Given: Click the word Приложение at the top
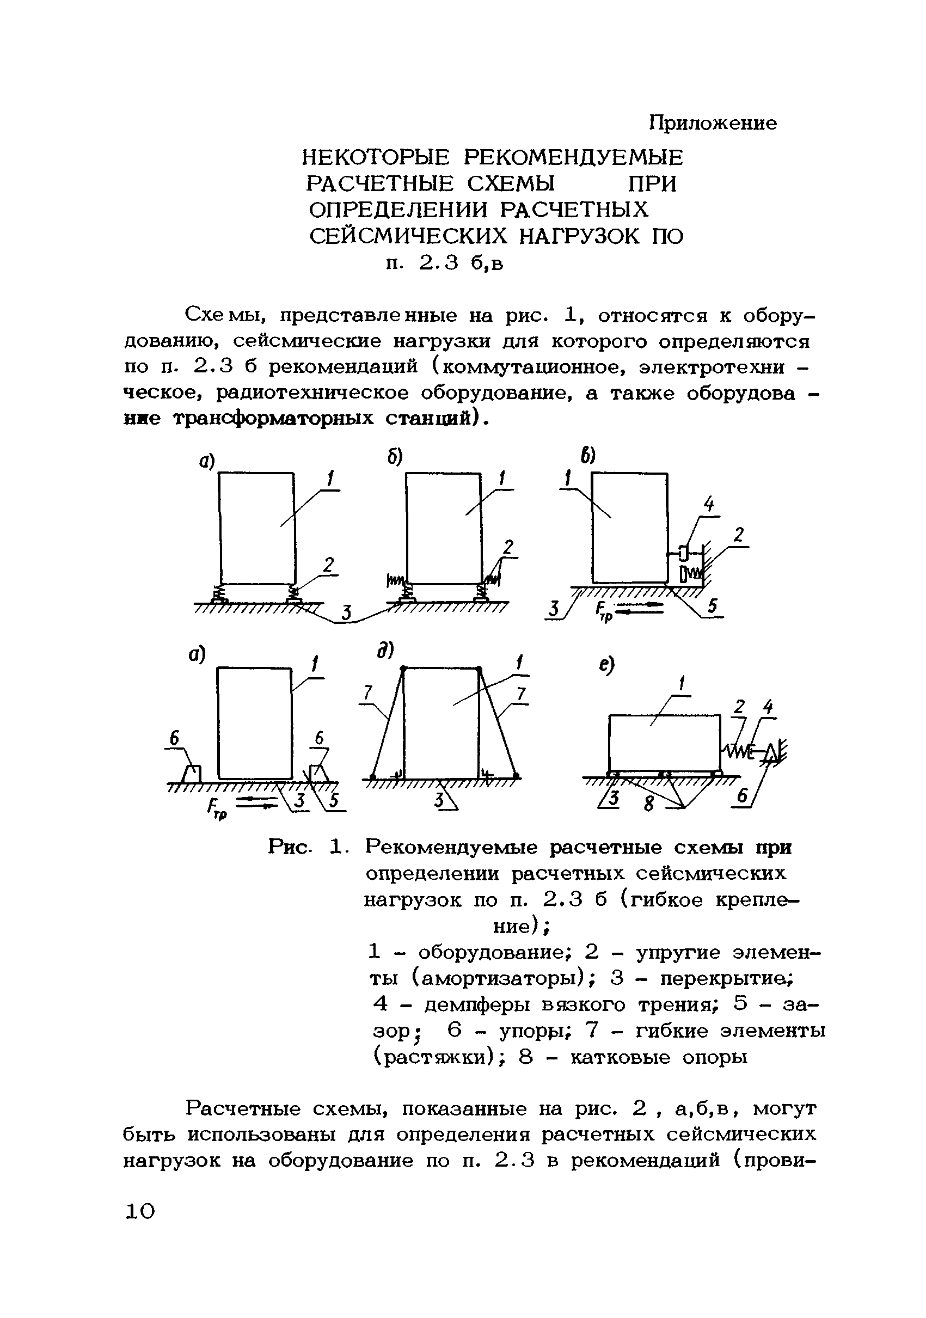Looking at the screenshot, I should (x=713, y=123).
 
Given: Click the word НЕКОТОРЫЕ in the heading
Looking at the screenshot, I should (x=376, y=157).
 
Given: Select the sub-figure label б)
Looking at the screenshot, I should (x=394, y=456).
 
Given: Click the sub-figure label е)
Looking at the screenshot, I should (x=606, y=665).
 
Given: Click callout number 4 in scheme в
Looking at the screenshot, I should (x=709, y=505).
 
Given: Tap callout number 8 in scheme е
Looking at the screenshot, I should (x=649, y=804).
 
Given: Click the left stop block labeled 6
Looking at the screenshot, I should (x=192, y=774).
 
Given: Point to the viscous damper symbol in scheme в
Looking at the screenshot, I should (x=683, y=553).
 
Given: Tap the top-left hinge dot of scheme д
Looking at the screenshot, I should (x=403, y=669).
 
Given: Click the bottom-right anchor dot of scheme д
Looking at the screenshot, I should (x=516, y=777).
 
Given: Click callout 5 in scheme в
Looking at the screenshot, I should (x=712, y=606).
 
